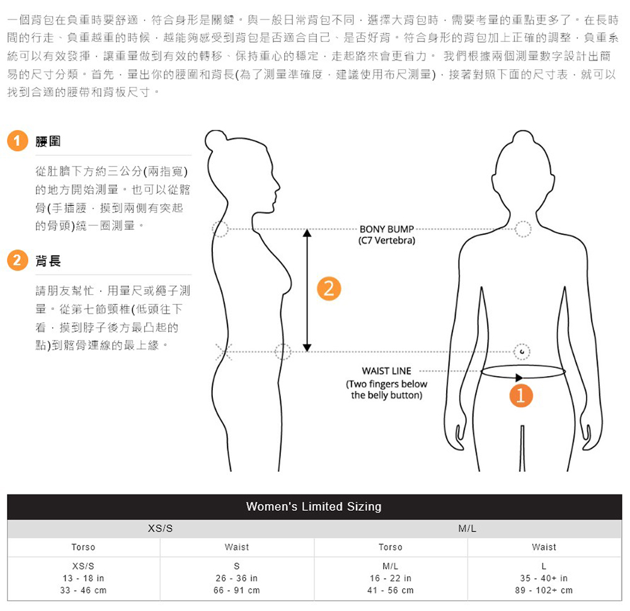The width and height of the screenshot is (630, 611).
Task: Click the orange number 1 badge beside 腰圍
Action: (x=18, y=141)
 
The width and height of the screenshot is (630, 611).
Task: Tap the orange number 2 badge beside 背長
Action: (x=18, y=260)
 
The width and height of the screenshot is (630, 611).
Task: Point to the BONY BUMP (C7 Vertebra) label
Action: (x=386, y=234)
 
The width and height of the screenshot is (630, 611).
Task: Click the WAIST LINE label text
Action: (x=386, y=371)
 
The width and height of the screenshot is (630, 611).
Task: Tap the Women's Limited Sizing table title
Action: (x=314, y=506)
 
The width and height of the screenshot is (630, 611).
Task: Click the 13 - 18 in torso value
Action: (x=83, y=578)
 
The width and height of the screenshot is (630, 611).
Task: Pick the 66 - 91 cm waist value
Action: (x=237, y=590)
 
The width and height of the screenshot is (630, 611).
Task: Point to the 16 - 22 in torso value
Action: (x=391, y=578)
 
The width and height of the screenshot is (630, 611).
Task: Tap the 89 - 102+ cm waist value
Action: (x=544, y=590)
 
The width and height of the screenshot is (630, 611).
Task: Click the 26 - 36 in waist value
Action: (x=237, y=578)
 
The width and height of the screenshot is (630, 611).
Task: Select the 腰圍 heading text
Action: (x=48, y=141)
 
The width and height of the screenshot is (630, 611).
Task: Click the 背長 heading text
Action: (x=48, y=260)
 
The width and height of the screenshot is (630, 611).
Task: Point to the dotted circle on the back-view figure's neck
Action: (x=522, y=229)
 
